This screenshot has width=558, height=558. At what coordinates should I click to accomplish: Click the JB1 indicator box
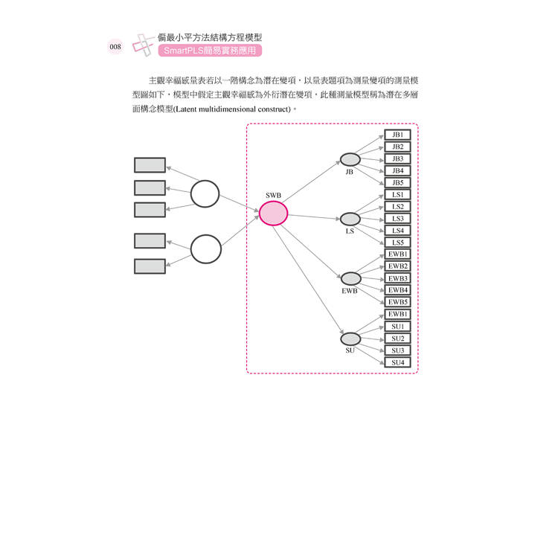click(397, 135)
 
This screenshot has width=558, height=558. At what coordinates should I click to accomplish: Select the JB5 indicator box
click(397, 182)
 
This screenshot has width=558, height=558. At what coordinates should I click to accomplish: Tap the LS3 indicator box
click(397, 218)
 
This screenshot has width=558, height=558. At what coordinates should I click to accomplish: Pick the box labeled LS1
click(397, 194)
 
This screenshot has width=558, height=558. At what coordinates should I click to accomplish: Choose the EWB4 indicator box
click(397, 289)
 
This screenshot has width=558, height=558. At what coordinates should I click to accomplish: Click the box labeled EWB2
click(397, 266)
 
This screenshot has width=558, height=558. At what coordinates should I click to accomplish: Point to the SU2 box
click(397, 338)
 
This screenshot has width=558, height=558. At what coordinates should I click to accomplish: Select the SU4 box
click(397, 362)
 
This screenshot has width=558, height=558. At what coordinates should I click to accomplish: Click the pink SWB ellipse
click(273, 214)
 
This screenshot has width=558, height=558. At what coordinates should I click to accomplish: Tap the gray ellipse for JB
click(350, 159)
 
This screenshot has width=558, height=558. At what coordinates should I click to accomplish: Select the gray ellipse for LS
click(350, 219)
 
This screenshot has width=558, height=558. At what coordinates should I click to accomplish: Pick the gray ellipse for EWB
click(350, 278)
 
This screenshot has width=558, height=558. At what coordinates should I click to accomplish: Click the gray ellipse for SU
click(350, 339)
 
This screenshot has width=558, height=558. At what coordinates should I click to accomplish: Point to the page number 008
click(115, 47)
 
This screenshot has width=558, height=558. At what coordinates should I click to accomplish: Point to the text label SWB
click(273, 195)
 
